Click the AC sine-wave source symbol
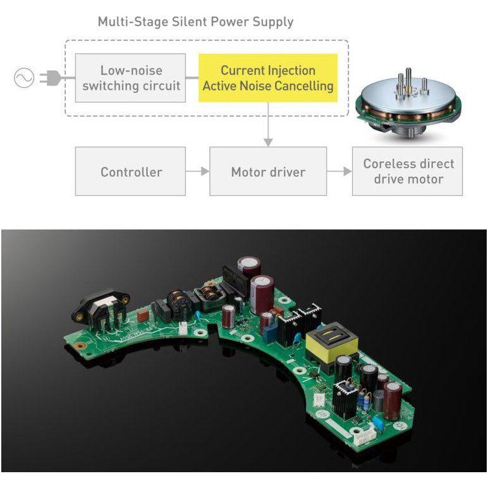tap(24, 78)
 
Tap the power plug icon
tap(51, 78)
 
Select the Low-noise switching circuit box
tap(130, 78)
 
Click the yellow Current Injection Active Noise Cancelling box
tap(268, 78)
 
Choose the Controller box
tap(130, 171)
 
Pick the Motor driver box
tap(268, 171)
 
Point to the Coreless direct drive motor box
tap(407, 171)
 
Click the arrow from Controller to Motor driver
tap(198, 171)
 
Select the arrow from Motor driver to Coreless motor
tap(339, 171)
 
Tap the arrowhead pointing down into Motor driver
tap(268, 142)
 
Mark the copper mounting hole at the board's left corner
tap(81, 346)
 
